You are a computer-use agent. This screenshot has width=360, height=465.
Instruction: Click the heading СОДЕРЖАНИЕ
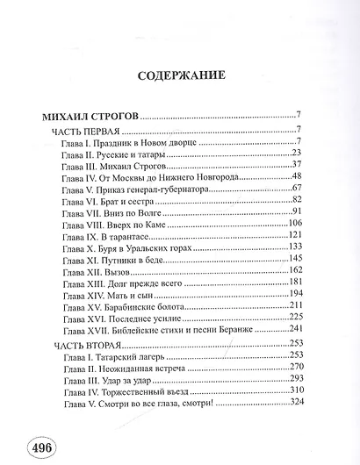[179, 75]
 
